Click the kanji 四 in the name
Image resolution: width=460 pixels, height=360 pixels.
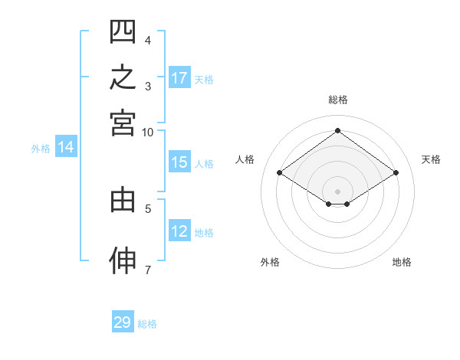pos(123,31)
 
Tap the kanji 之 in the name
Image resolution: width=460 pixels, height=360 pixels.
pos(123,77)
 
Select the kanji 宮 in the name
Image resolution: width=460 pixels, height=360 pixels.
pos(123,123)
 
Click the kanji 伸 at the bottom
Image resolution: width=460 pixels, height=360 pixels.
pos(123,260)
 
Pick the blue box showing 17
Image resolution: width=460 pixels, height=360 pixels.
pos(179,77)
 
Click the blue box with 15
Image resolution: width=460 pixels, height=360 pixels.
pos(179,162)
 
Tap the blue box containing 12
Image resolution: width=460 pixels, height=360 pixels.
pos(179,230)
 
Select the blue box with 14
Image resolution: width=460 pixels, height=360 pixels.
pos(66,146)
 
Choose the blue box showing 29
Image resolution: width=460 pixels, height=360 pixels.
pos(123,321)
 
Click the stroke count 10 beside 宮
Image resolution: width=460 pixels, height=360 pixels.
pos(147,133)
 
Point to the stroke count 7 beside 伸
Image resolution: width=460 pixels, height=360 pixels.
pos(148,270)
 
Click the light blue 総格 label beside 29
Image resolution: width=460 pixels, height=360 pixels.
pos(147,324)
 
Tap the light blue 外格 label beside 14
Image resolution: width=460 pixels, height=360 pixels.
pos(41,149)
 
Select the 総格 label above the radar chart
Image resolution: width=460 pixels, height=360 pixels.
pos(338,100)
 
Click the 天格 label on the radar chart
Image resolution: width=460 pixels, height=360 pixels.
pos(431,159)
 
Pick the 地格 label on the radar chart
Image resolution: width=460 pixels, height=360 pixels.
pos(402,262)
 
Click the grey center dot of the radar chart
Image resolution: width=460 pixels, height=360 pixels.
pos(337,191)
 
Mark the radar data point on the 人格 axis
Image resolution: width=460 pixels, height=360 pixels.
pos(280,172)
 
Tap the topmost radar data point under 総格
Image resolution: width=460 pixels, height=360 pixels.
pos(337,130)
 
